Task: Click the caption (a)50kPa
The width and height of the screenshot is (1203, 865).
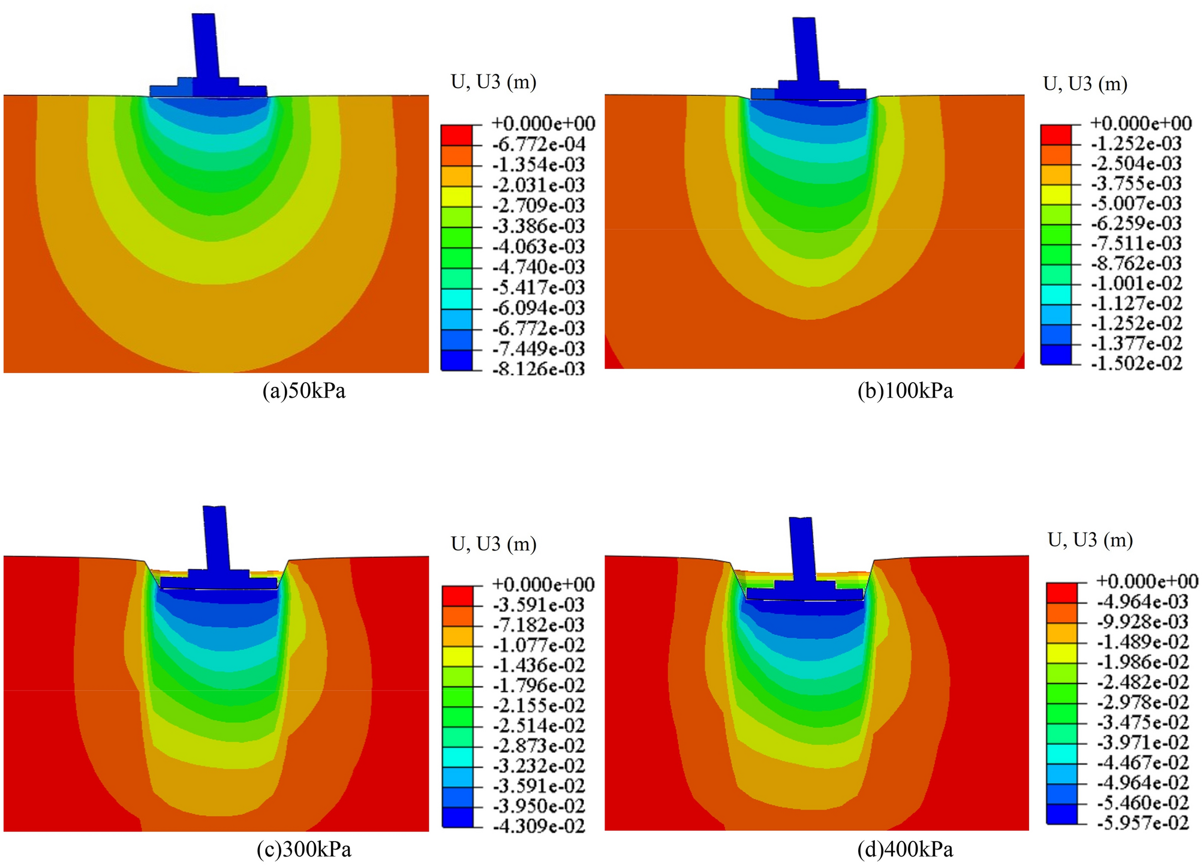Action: tap(304, 391)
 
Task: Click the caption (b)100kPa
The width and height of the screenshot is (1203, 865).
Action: tap(905, 391)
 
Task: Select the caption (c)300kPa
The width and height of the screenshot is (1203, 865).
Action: tap(304, 849)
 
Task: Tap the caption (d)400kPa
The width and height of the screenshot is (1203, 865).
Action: tap(905, 849)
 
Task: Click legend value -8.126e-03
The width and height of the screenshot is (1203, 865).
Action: tap(538, 368)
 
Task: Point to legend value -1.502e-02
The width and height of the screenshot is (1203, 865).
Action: tap(1136, 363)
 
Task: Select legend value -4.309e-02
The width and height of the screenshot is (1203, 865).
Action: tap(538, 826)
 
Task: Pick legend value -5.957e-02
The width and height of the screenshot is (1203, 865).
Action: tap(1142, 822)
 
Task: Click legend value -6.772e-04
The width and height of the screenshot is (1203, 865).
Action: tap(538, 144)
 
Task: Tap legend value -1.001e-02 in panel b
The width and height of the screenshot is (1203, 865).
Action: tap(1136, 283)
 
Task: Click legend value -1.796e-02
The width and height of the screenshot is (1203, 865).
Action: tap(538, 685)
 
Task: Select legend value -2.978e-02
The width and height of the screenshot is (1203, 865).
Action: tap(1142, 702)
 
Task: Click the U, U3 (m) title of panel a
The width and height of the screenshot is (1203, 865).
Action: tap(493, 82)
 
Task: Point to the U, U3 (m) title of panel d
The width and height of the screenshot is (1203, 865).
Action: tap(1090, 540)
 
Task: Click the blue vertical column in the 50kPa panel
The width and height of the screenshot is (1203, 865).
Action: tap(205, 48)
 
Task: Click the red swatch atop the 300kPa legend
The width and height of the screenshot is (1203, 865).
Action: tap(457, 595)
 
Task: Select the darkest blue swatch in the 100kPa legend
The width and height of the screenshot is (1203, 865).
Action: tap(1055, 355)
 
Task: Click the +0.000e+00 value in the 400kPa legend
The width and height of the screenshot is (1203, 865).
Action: tap(1147, 581)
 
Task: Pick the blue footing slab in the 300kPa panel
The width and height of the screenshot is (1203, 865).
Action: tap(219, 582)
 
